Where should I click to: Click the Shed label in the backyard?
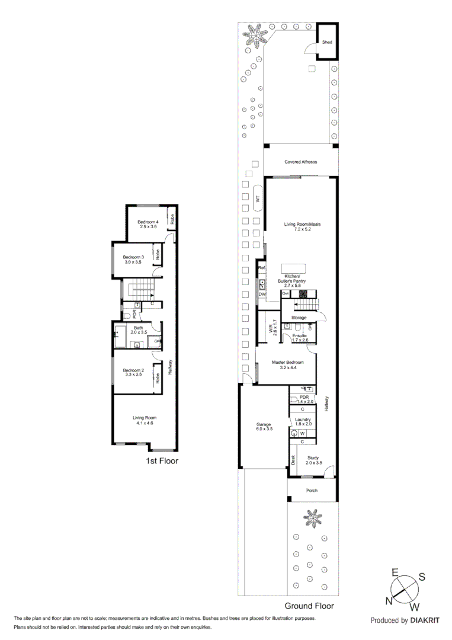[x=327, y=43]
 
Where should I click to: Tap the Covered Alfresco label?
[x=300, y=162]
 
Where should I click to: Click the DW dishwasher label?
[x=261, y=294]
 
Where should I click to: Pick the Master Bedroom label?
[x=288, y=362]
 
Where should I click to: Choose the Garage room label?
[x=264, y=424]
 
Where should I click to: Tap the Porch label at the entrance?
[x=312, y=491]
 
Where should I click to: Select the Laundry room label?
[x=303, y=420]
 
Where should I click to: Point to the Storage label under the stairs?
[x=299, y=318]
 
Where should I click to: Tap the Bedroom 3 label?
[x=133, y=257]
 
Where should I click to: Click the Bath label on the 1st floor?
[x=139, y=328]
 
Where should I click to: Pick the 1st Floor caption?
[x=162, y=460]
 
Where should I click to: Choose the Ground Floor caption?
[x=309, y=606]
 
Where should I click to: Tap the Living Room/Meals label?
[x=302, y=224]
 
